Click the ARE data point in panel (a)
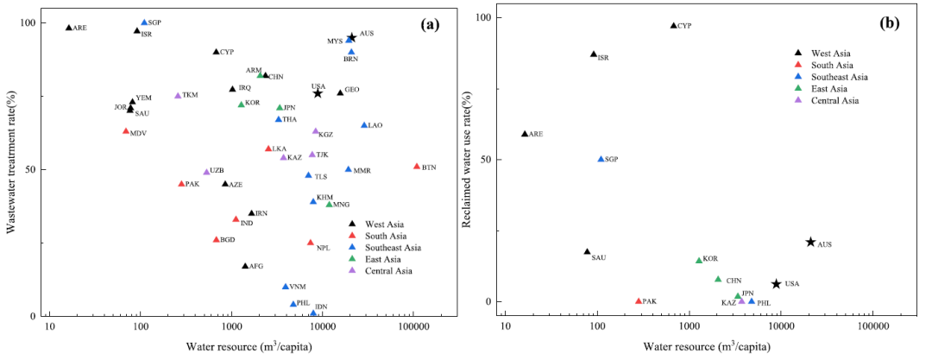(69, 28)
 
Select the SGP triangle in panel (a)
(144, 22)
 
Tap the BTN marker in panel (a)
(417, 166)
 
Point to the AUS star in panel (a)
(351, 37)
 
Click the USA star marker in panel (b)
(776, 284)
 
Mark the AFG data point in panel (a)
(245, 266)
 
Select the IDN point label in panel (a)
(321, 306)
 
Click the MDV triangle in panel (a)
(126, 131)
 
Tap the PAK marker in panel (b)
(639, 301)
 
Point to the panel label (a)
(430, 24)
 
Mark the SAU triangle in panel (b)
(587, 252)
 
